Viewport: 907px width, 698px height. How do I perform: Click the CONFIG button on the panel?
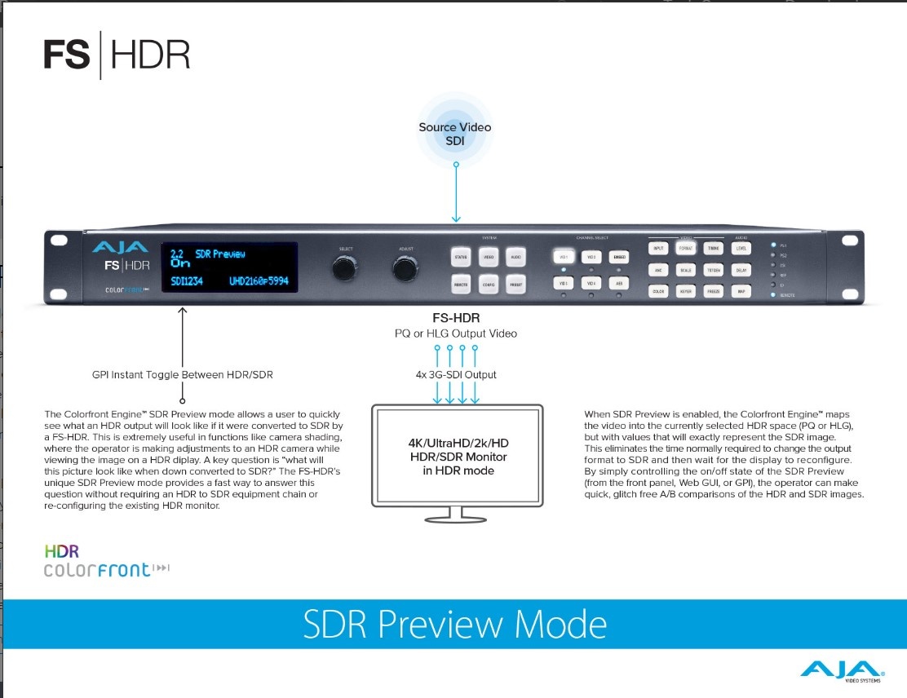[x=489, y=284]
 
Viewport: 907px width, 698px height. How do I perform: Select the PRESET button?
[x=515, y=284]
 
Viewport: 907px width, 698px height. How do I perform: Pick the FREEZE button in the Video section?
[x=714, y=290]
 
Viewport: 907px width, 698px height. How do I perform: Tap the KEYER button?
[x=686, y=290]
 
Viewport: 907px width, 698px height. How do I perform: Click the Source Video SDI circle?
[x=455, y=134]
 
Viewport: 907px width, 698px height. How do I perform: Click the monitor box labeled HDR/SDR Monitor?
[x=456, y=456]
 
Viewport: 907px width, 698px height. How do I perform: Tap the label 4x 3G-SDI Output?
[x=456, y=374]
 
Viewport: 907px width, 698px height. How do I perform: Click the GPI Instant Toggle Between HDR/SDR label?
[x=183, y=375]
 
